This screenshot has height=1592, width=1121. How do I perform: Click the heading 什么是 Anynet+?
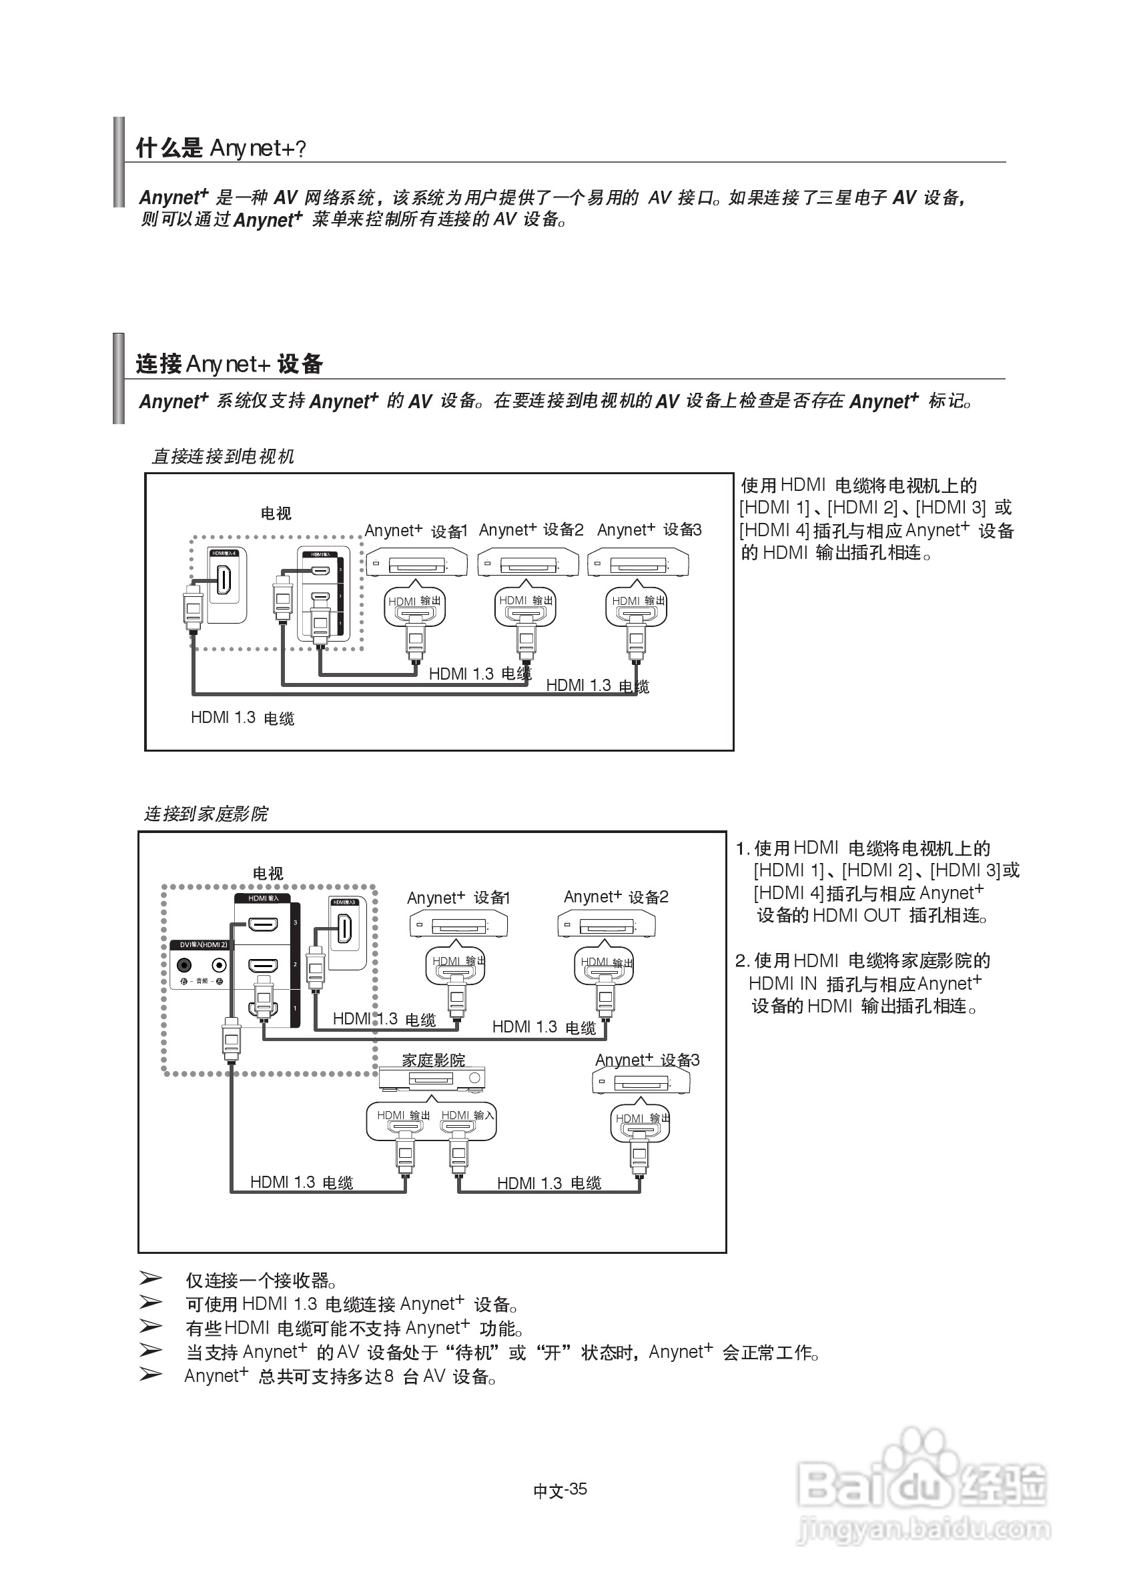point(221,147)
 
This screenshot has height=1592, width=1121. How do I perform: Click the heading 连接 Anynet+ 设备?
point(229,364)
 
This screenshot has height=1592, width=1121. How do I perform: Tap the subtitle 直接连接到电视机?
point(223,456)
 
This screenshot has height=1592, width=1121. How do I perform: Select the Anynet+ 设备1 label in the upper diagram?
point(416,531)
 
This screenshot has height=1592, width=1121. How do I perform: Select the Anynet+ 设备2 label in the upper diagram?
point(530,530)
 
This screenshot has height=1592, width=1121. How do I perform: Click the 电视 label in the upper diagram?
point(276,514)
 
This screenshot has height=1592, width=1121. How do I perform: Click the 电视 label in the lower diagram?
point(268,873)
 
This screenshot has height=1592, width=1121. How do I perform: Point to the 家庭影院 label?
point(434,1060)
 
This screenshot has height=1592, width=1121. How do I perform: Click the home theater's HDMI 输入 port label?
point(468,1115)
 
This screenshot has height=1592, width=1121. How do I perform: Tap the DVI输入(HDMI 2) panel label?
point(204,944)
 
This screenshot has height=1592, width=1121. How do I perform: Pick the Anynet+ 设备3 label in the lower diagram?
point(647,1060)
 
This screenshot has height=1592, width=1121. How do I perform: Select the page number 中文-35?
point(560,1490)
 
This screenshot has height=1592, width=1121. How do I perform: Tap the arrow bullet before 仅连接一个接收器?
point(151,1278)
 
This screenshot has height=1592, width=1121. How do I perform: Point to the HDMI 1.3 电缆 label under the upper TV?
point(242,718)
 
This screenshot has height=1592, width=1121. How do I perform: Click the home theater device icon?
point(432,1079)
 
